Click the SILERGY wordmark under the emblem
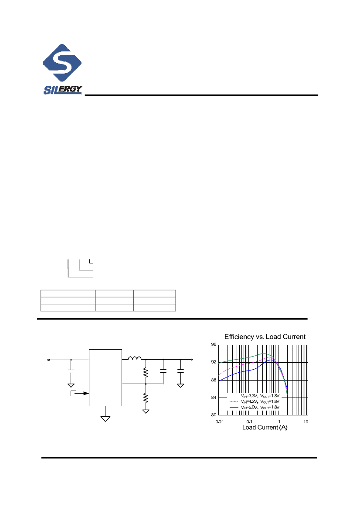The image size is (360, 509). [x=62, y=90]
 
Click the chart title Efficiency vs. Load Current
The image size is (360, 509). [x=265, y=337]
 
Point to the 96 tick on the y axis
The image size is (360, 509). [x=214, y=345]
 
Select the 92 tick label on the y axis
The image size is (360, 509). [x=214, y=362]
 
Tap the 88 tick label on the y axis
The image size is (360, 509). [x=214, y=380]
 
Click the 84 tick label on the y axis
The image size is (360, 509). [x=214, y=398]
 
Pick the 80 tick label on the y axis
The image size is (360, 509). [x=214, y=415]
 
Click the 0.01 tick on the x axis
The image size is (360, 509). [x=220, y=422]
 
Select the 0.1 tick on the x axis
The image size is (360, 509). [x=249, y=422]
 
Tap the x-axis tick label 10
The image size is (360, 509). [x=306, y=422]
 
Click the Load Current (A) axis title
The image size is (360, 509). [x=265, y=428]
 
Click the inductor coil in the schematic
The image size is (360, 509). [x=135, y=359]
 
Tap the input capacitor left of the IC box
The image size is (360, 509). [x=71, y=371]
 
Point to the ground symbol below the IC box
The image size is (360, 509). [x=105, y=418]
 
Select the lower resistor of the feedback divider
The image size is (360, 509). [x=146, y=398]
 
